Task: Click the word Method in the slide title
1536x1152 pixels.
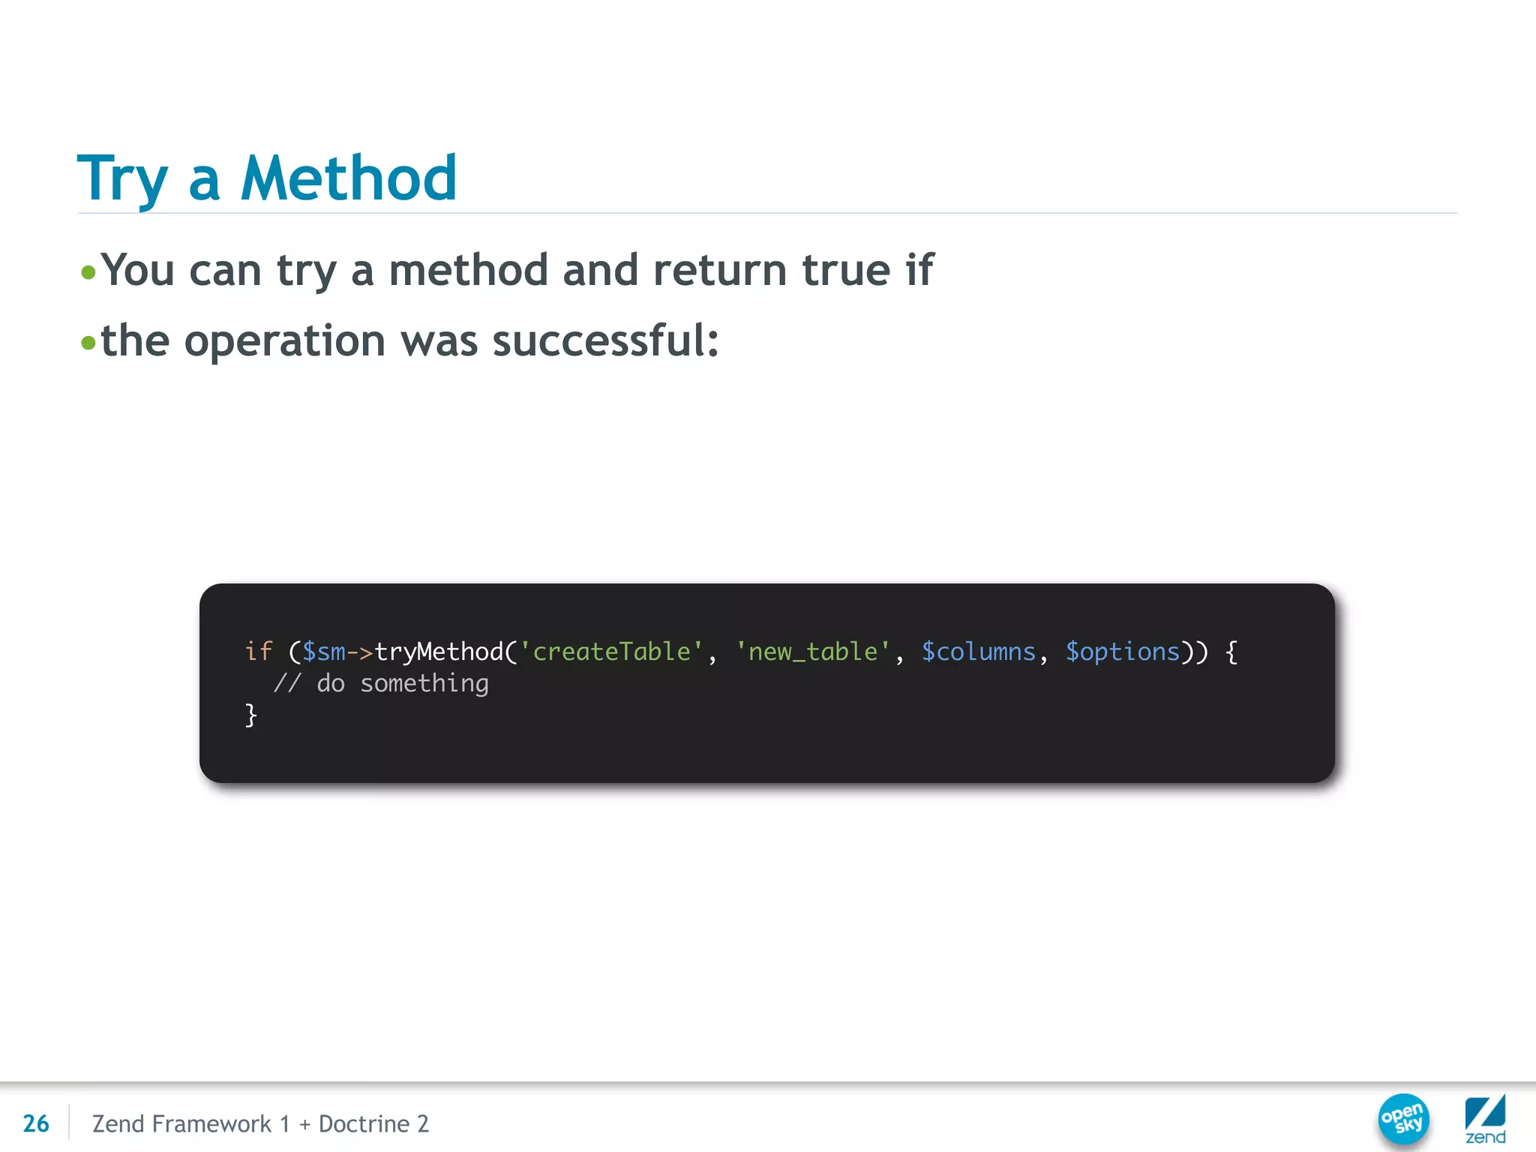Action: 348,178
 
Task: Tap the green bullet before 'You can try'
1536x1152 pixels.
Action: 88,271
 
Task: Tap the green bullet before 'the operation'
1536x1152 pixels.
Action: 88,343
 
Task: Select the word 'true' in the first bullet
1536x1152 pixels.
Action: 847,270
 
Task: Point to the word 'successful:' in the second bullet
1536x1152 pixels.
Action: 605,341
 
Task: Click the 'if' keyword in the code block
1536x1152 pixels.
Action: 258,652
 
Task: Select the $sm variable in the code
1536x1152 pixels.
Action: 323,652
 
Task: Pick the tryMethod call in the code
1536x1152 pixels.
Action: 439,652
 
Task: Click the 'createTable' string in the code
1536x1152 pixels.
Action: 611,652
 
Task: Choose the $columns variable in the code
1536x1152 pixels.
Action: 978,652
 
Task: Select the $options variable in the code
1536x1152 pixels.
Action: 1123,652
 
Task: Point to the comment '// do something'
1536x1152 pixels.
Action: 381,683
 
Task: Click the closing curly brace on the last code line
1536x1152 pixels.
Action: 251,715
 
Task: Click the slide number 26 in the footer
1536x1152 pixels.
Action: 36,1123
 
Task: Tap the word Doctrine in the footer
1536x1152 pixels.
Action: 364,1123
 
